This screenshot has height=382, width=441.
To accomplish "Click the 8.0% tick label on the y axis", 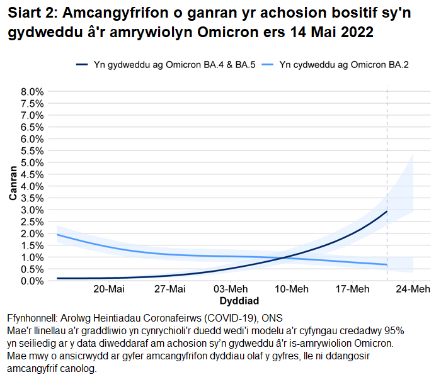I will pos(32,91).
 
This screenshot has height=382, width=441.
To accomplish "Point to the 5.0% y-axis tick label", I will pos(32,162).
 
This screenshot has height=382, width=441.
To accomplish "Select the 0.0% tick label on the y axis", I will pos(32,281).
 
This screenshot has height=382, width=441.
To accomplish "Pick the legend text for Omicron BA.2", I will pos(344,64).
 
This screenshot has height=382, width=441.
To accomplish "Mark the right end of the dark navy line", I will pos(387,211).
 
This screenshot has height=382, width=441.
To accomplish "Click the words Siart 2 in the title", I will pos(31,13).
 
